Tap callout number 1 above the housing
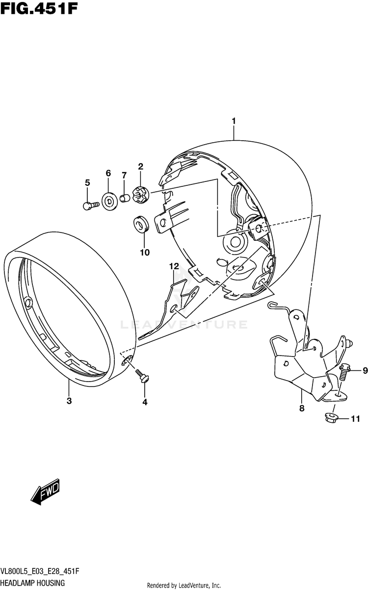[234, 121]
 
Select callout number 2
[140, 167]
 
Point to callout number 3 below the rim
[69, 401]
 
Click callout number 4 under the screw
[144, 403]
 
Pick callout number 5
[87, 183]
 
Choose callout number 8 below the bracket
[302, 408]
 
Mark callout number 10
[144, 253]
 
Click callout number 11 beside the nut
[355, 418]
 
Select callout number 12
[173, 266]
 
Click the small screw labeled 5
[88, 206]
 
